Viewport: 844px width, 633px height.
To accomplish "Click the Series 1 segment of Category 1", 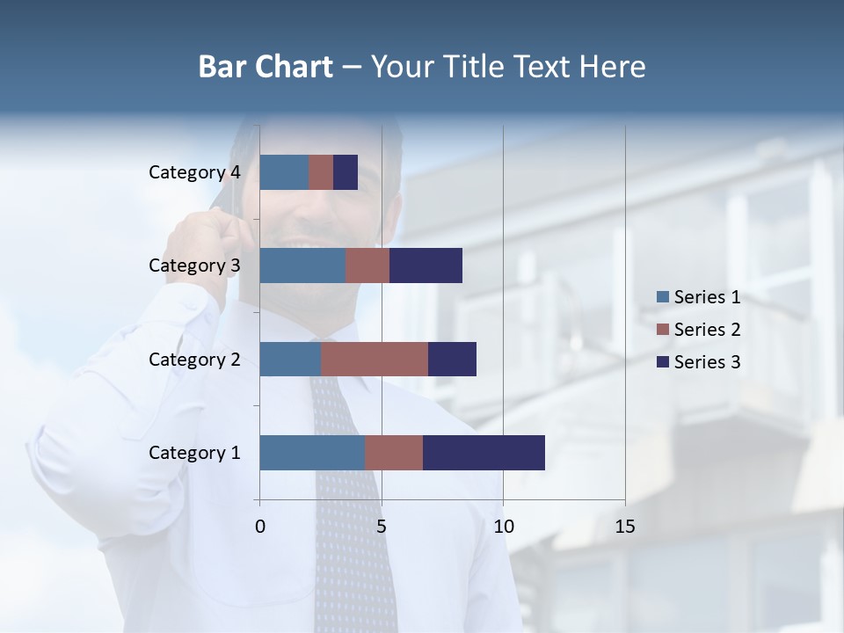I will [x=312, y=453].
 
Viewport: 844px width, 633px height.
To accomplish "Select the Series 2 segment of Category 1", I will [x=394, y=453].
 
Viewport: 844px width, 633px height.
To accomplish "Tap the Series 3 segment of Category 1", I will [x=484, y=453].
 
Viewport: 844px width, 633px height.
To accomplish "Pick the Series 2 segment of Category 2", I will [x=375, y=359].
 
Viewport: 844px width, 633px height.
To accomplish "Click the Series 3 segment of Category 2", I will [x=452, y=359].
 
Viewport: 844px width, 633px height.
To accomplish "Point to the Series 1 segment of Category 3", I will [x=302, y=266].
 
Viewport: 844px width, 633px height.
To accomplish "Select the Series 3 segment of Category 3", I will [x=426, y=266].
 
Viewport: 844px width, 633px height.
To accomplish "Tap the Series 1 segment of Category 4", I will [x=284, y=172].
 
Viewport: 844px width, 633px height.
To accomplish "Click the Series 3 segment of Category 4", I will [x=346, y=172].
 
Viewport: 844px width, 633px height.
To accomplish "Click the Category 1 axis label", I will [x=194, y=453].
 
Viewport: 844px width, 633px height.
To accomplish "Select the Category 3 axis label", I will [x=194, y=266].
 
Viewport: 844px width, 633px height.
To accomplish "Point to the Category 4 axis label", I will [x=194, y=172].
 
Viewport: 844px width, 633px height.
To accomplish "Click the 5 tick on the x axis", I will [x=382, y=527].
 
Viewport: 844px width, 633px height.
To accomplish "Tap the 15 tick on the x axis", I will [x=625, y=527].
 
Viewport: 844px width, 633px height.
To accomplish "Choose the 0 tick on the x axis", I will [x=260, y=527].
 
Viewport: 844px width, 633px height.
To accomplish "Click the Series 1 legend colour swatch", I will [x=662, y=297].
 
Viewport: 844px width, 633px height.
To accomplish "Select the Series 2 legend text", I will [x=707, y=330].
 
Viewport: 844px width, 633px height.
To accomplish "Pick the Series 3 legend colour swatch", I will [x=662, y=362].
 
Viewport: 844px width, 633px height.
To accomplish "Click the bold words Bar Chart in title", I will [x=266, y=67].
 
